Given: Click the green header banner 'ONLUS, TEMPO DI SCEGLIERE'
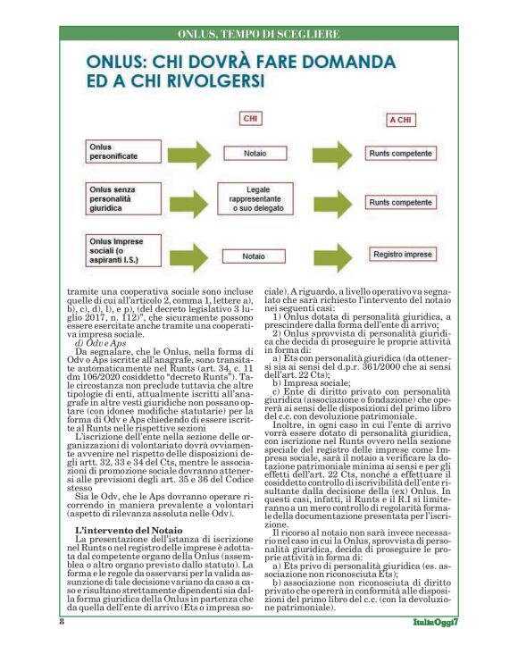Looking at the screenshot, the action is (x=258, y=33).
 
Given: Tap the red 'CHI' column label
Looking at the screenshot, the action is (x=253, y=119).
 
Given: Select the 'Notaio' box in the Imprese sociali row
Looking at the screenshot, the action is (x=255, y=256).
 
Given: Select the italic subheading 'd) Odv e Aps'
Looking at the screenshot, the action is (x=98, y=344).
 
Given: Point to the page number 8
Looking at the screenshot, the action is (x=62, y=620).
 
